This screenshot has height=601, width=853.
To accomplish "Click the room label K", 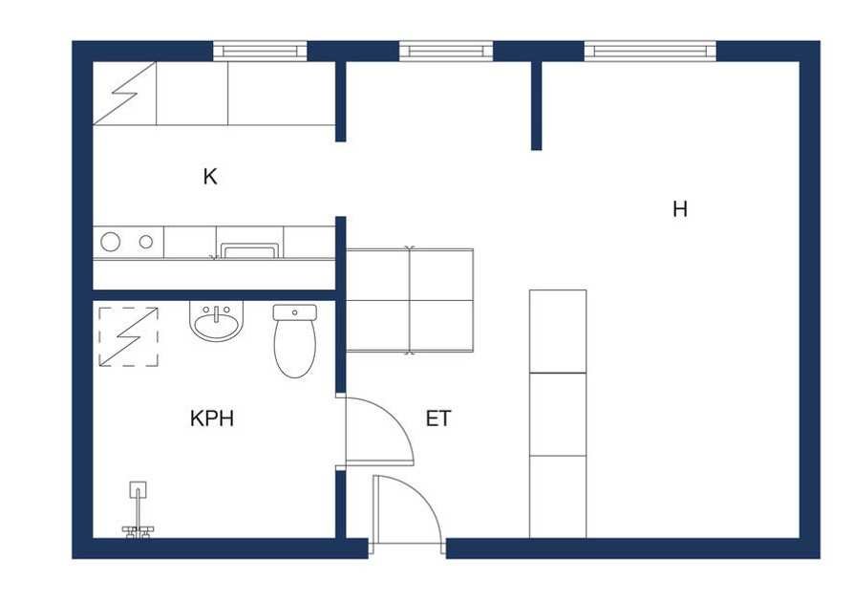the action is (210, 177).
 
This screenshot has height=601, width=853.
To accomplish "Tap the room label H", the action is (680, 209).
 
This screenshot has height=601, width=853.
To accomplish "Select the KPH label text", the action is (212, 419).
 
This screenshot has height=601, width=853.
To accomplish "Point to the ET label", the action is (438, 419).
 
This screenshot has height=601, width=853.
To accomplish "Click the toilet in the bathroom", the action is (295, 341).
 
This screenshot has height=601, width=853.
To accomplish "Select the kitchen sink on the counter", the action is (249, 250).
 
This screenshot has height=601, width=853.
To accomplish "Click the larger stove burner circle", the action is (111, 242).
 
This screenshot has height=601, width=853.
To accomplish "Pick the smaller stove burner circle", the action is (146, 242).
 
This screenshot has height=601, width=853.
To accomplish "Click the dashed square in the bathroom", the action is (128, 337).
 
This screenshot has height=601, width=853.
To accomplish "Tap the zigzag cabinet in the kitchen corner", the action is (124, 94).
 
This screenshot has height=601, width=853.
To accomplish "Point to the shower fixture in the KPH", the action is (139, 509).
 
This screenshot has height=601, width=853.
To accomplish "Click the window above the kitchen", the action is (260, 52).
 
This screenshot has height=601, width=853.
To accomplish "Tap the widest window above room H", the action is (650, 52).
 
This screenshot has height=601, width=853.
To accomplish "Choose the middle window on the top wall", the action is (446, 52).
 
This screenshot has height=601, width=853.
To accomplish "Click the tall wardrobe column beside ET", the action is (558, 415).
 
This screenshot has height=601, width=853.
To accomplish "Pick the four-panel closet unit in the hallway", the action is (410, 300).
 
